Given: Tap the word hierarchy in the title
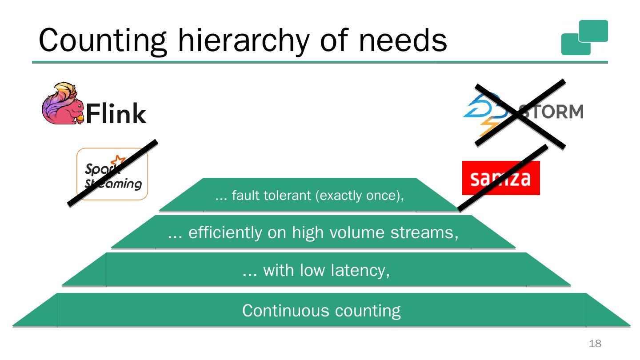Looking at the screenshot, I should (242, 40).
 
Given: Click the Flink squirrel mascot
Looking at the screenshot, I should (62, 103).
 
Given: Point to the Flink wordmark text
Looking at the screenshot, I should (116, 114).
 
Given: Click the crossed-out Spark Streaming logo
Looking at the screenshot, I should (112, 174).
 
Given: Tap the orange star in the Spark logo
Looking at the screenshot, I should (118, 161).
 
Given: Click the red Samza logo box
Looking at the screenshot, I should (501, 178).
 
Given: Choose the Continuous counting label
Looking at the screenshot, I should (321, 310).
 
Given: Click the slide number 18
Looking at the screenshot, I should (595, 344).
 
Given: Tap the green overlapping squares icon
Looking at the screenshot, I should (584, 37).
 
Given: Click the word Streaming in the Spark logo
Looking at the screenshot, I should (113, 184).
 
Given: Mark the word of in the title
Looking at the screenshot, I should (340, 40).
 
